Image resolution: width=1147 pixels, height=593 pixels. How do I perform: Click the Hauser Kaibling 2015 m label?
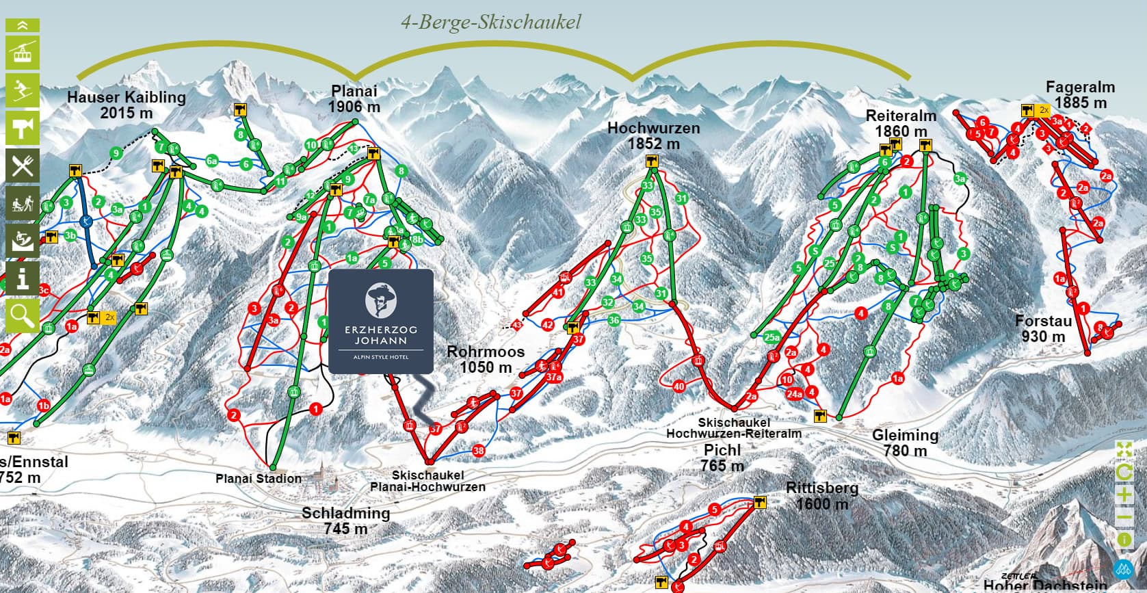coord(127,105)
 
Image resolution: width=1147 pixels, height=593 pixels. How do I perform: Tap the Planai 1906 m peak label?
coord(354,98)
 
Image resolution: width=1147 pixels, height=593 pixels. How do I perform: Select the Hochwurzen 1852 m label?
coord(653,135)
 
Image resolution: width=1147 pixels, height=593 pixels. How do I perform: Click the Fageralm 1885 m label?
coord(1080,94)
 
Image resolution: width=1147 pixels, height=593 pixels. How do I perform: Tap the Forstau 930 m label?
coord(1043,328)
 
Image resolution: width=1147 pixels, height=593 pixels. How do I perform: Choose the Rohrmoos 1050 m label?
coord(486,359)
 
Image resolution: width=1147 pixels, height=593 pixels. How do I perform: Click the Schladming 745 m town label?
coord(345,520)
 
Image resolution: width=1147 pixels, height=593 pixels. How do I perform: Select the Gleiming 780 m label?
coord(905,442)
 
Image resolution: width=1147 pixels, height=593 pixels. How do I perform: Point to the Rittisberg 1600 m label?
coord(821,496)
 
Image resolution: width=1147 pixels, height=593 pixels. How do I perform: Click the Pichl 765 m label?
coord(722,457)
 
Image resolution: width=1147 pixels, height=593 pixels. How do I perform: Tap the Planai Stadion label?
coord(259,478)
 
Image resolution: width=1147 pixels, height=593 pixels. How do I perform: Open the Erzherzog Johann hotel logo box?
coord(381,321)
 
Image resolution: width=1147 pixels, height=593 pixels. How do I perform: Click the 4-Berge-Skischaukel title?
coord(490,23)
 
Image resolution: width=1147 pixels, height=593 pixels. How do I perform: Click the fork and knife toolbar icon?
coord(23,166)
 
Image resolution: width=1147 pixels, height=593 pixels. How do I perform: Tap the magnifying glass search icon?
coord(23,315)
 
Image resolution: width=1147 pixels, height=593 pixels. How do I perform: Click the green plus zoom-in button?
coord(1124,495)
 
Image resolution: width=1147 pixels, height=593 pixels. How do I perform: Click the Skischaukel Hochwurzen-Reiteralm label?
coord(734,428)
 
